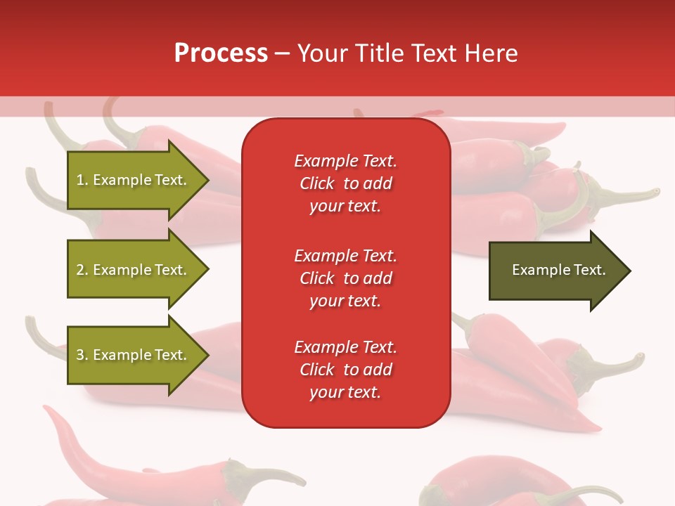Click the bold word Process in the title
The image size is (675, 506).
(221, 53)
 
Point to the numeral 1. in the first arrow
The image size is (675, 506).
(82, 181)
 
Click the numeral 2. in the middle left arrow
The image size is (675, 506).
(82, 271)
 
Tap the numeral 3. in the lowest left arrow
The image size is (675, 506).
(82, 356)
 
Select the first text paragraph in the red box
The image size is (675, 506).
(345, 183)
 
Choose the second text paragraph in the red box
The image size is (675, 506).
(345, 278)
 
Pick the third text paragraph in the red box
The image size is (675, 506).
(345, 370)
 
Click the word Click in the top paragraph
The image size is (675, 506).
(317, 184)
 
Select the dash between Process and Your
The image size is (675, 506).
(282, 53)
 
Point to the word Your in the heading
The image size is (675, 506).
(323, 53)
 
